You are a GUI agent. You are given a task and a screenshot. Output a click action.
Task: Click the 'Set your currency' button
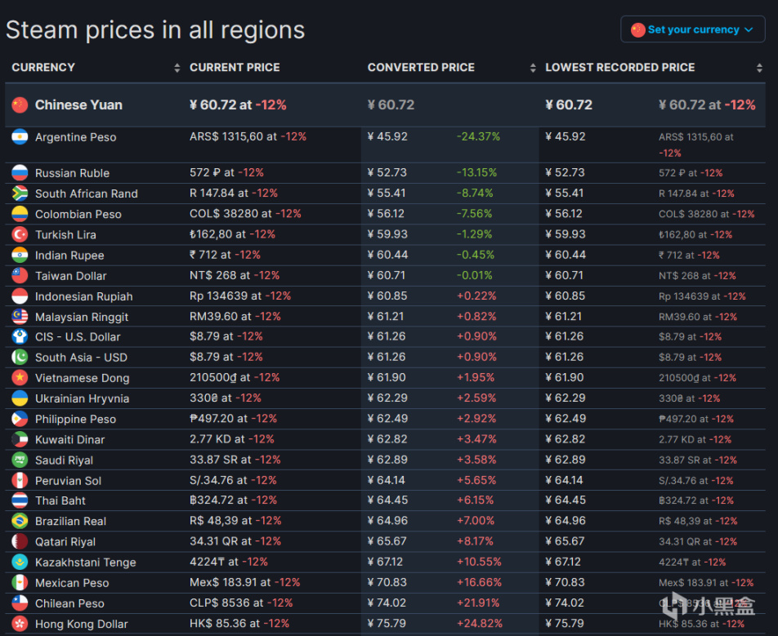pyautogui.click(x=693, y=29)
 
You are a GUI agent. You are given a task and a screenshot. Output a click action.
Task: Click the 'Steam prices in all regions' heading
pyautogui.click(x=155, y=30)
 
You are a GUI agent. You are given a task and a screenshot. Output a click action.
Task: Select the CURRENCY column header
pyautogui.click(x=43, y=68)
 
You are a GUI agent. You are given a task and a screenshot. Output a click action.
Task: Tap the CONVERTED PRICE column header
pyautogui.click(x=421, y=68)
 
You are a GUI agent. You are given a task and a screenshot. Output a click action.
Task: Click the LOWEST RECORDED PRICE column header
pyautogui.click(x=620, y=68)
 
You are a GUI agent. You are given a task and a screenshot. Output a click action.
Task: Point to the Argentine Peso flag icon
pyautogui.click(x=20, y=137)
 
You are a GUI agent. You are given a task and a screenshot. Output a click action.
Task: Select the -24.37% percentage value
pyautogui.click(x=478, y=137)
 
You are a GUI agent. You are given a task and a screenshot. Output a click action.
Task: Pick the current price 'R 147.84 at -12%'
pyautogui.click(x=234, y=193)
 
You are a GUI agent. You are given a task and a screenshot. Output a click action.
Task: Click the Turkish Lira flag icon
pyautogui.click(x=20, y=234)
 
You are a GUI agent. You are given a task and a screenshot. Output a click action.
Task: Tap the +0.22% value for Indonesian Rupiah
pyautogui.click(x=476, y=296)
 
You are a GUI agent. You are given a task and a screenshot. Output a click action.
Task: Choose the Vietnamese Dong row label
pyautogui.click(x=82, y=378)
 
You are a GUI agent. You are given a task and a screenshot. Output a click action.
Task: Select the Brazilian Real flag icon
pyautogui.click(x=20, y=521)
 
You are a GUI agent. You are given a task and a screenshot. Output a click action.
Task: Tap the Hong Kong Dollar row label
pyautogui.click(x=81, y=624)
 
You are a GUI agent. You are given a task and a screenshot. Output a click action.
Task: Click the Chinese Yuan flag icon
pyautogui.click(x=20, y=105)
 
